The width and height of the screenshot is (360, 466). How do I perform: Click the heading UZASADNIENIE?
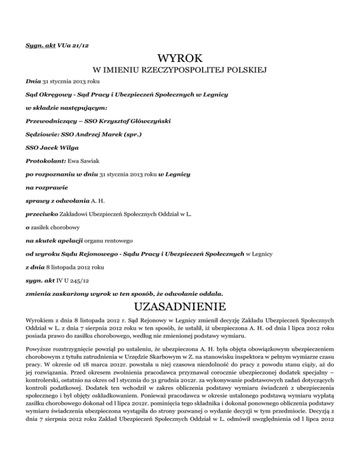pos(180,307)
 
